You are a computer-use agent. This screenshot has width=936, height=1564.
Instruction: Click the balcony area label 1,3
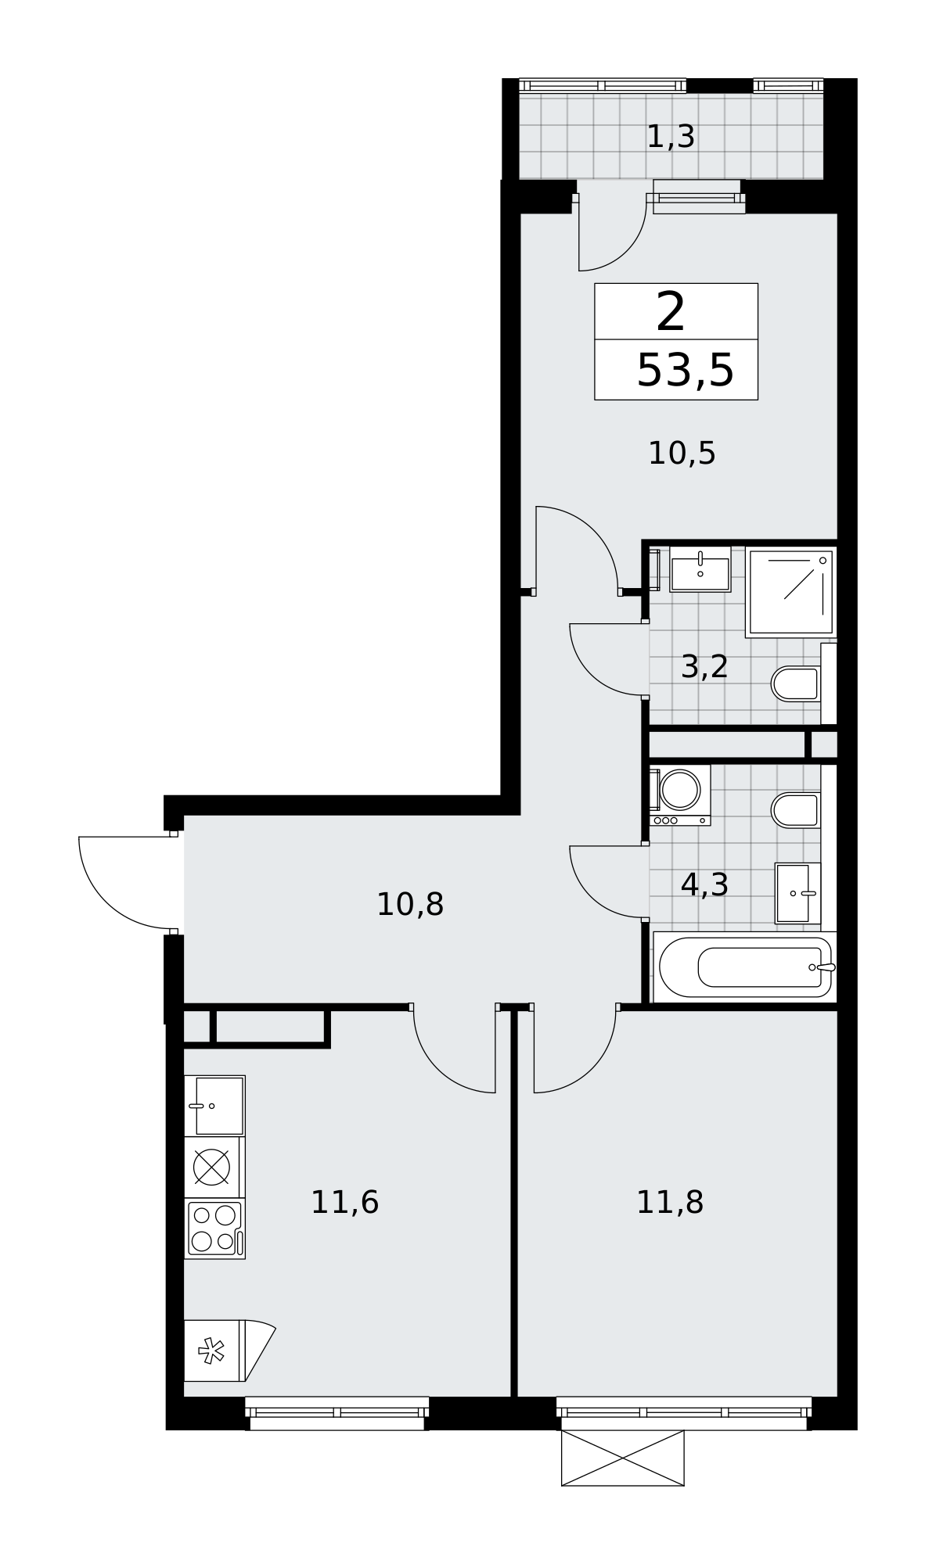(x=671, y=137)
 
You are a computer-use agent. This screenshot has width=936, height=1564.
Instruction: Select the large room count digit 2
(x=671, y=312)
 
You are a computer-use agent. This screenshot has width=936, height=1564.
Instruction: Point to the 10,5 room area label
(x=682, y=453)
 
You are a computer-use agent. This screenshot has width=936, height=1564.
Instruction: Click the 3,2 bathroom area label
(x=704, y=667)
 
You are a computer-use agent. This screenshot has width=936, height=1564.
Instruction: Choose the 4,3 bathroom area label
(x=704, y=884)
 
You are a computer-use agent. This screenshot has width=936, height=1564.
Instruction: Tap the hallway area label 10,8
(x=410, y=905)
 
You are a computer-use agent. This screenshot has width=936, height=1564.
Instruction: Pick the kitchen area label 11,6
(x=344, y=1202)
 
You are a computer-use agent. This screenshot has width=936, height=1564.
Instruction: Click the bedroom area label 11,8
(x=669, y=1202)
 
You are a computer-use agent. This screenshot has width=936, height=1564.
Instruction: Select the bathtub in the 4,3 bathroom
(x=744, y=967)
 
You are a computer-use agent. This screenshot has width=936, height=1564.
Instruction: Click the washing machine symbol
(x=679, y=795)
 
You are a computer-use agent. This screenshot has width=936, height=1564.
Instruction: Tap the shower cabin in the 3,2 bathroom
(x=790, y=591)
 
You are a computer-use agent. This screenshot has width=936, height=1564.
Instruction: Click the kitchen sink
(x=215, y=1106)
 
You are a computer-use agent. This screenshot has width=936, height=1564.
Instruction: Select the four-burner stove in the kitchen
(x=215, y=1229)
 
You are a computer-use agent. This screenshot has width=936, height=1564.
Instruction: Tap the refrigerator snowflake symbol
(x=211, y=1351)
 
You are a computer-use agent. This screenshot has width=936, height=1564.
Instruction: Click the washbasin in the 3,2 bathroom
(x=700, y=569)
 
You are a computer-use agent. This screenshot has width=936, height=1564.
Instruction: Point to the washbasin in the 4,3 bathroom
(x=797, y=893)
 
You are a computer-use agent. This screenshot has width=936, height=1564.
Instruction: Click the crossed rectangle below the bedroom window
(x=623, y=1458)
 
